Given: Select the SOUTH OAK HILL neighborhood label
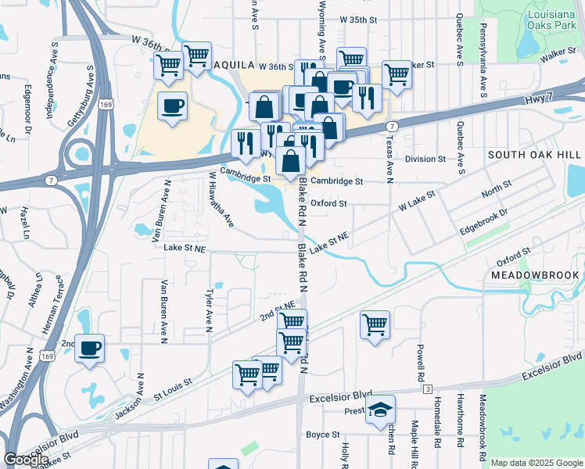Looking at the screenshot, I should [535, 156].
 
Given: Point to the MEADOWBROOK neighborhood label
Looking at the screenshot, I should [535, 275].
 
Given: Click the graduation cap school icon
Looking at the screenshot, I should [379, 409].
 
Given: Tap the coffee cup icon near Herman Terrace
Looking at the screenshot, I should [89, 348].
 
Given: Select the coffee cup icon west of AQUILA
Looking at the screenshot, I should [172, 106].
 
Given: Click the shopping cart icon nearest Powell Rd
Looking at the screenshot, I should [375, 324].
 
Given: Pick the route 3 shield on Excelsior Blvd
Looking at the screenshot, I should [428, 388].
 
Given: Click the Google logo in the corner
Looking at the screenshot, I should [25, 460].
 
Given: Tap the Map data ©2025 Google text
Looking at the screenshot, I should [537, 463].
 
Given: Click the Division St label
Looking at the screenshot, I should [425, 159].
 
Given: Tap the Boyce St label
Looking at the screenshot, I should [322, 435].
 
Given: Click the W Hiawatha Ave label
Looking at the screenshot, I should [221, 201].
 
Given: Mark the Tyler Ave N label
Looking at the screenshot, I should [209, 312].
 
